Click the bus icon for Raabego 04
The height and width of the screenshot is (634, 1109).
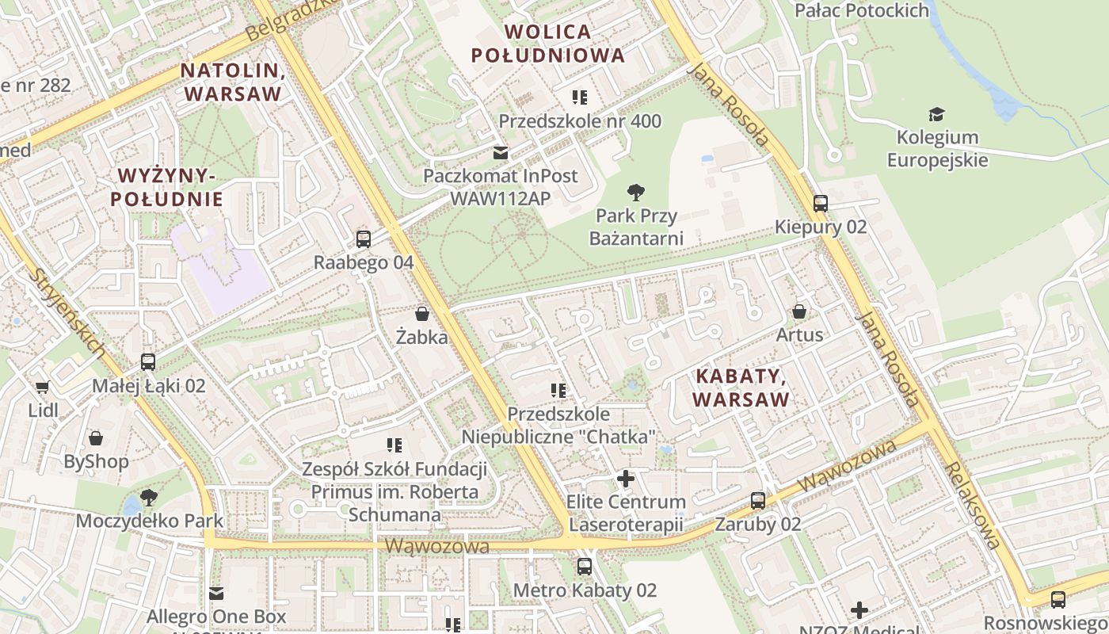coord(364,238)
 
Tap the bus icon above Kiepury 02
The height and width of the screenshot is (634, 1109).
coord(821,203)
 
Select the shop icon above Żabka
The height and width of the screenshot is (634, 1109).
coord(422,314)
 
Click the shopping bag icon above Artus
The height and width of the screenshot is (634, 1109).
coord(799,311)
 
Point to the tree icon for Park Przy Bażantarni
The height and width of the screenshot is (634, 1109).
coord(635,192)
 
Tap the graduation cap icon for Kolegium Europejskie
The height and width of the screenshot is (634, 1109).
coord(937,114)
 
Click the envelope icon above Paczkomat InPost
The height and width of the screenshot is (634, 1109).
coord(501,152)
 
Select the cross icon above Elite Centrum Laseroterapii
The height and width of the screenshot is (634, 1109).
coord(626,478)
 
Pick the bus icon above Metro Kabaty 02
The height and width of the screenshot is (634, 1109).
coord(585,566)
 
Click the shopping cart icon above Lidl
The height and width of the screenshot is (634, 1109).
coord(42,387)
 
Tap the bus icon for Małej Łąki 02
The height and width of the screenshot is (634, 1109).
coord(148,362)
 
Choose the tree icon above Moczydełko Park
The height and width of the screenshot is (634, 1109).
coord(148,498)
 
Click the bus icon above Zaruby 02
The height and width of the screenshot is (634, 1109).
coord(758,500)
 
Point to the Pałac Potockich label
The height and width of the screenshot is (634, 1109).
coord(861,10)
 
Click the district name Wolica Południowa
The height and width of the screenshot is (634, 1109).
coord(548,44)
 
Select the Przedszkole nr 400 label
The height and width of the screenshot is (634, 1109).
coord(580,121)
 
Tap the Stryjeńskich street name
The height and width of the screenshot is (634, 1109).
coord(69,312)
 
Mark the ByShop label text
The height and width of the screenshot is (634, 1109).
coord(96,461)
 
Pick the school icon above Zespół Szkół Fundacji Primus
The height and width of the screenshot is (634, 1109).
coord(394,445)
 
